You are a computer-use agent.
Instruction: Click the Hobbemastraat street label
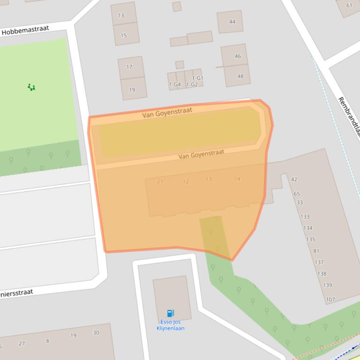coord(25,31)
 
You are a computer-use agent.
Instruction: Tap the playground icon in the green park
coord(31,87)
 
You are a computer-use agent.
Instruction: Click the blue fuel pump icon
coord(170,313)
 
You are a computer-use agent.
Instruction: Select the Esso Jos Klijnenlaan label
coord(170,325)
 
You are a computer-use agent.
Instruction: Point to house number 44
coord(232,22)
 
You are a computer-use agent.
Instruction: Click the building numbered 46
coord(238,56)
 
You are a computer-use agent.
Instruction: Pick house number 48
coord(241,76)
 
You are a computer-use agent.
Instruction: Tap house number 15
coord(124,36)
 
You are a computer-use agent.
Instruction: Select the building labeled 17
coord(129,67)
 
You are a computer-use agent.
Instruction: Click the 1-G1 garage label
coord(198,78)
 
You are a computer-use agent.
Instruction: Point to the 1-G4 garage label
coord(175,85)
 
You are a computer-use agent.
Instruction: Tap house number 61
coord(349,6)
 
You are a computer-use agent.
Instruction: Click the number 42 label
coord(294,179)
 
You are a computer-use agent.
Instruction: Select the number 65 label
coord(297,194)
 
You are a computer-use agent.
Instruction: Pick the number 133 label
coord(305,217)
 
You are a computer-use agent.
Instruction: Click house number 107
coord(330,300)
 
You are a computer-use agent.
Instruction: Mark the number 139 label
coord(327,285)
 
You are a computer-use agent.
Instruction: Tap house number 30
coord(96,333)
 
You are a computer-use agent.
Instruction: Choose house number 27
coord(22,344)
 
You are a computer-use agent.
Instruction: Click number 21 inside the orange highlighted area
coord(160,181)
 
